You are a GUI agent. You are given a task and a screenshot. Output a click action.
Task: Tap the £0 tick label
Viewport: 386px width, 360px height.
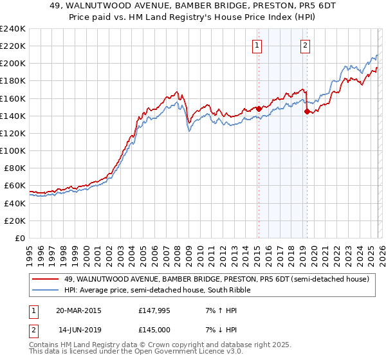(x=19, y=238)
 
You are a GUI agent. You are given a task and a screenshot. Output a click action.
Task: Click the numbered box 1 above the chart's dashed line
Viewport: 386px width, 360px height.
(x=257, y=45)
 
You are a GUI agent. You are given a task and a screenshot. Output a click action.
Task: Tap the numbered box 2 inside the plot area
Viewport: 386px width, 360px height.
(x=304, y=45)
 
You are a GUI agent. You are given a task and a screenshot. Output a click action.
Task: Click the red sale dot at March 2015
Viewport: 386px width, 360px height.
(x=259, y=109)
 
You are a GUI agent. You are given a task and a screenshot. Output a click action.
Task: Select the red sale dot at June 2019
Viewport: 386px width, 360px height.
(x=307, y=111)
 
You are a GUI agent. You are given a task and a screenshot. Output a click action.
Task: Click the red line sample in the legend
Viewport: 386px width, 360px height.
(x=46, y=279)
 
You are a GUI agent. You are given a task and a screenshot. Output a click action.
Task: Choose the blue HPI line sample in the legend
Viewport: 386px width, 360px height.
(x=46, y=290)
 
